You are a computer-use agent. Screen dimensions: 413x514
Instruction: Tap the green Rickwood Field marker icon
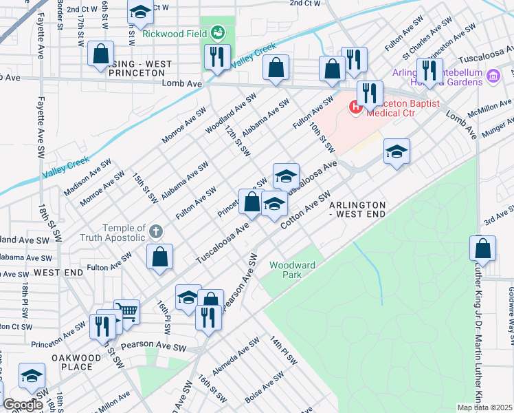click(x=218, y=32)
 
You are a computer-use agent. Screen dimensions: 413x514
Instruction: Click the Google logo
click(x=23, y=405)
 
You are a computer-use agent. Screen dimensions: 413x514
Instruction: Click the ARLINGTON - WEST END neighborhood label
click(x=357, y=209)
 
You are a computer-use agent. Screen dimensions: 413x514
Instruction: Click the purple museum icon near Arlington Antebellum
click(x=493, y=75)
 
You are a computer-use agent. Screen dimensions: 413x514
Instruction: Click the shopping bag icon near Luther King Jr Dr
click(x=483, y=249)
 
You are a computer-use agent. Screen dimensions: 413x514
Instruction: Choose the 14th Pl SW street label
click(x=282, y=350)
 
